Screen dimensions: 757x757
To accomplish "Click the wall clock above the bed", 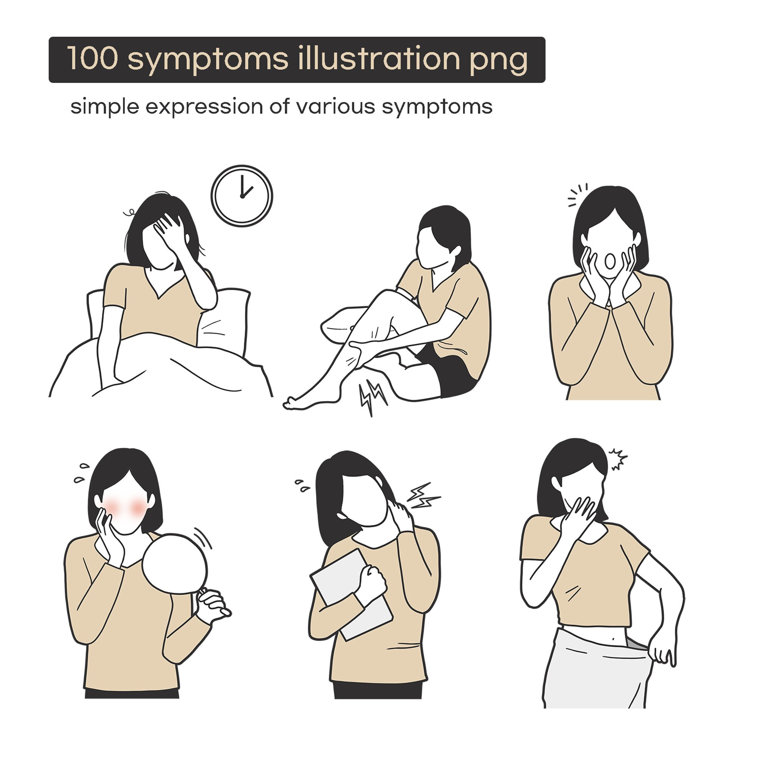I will [x=242, y=196].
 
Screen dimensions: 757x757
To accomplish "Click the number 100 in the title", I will [x=92, y=58].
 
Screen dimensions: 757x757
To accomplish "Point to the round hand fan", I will [x=175, y=564].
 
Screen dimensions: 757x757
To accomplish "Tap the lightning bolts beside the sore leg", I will [x=372, y=396].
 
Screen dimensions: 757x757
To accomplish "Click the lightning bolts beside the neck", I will [x=422, y=496].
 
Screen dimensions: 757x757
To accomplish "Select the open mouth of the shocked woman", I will [x=610, y=261].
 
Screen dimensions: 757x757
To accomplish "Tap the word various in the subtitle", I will [x=335, y=107].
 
